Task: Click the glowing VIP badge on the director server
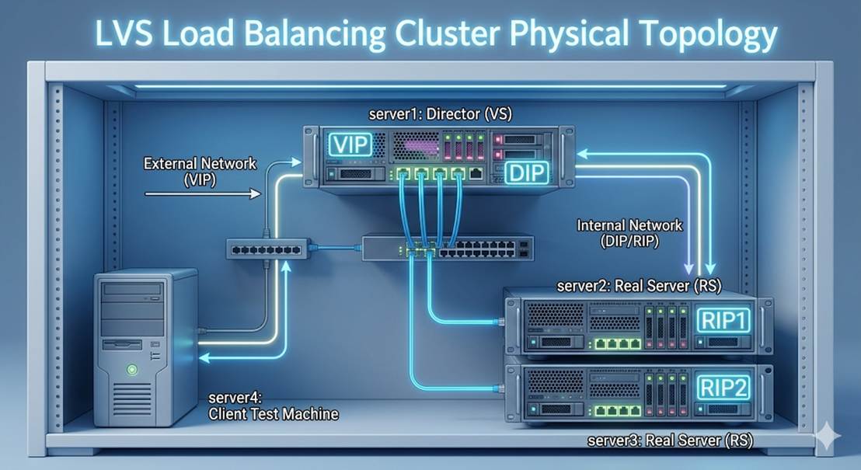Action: tap(350, 145)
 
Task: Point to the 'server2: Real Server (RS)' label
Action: tap(639, 286)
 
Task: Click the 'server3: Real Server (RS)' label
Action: tap(670, 442)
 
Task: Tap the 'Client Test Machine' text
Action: tap(274, 414)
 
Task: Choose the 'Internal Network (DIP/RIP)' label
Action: tap(629, 233)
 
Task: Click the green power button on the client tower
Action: tap(133, 371)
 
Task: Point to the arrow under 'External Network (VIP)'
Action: tap(202, 197)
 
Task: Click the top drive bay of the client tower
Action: tap(133, 291)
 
